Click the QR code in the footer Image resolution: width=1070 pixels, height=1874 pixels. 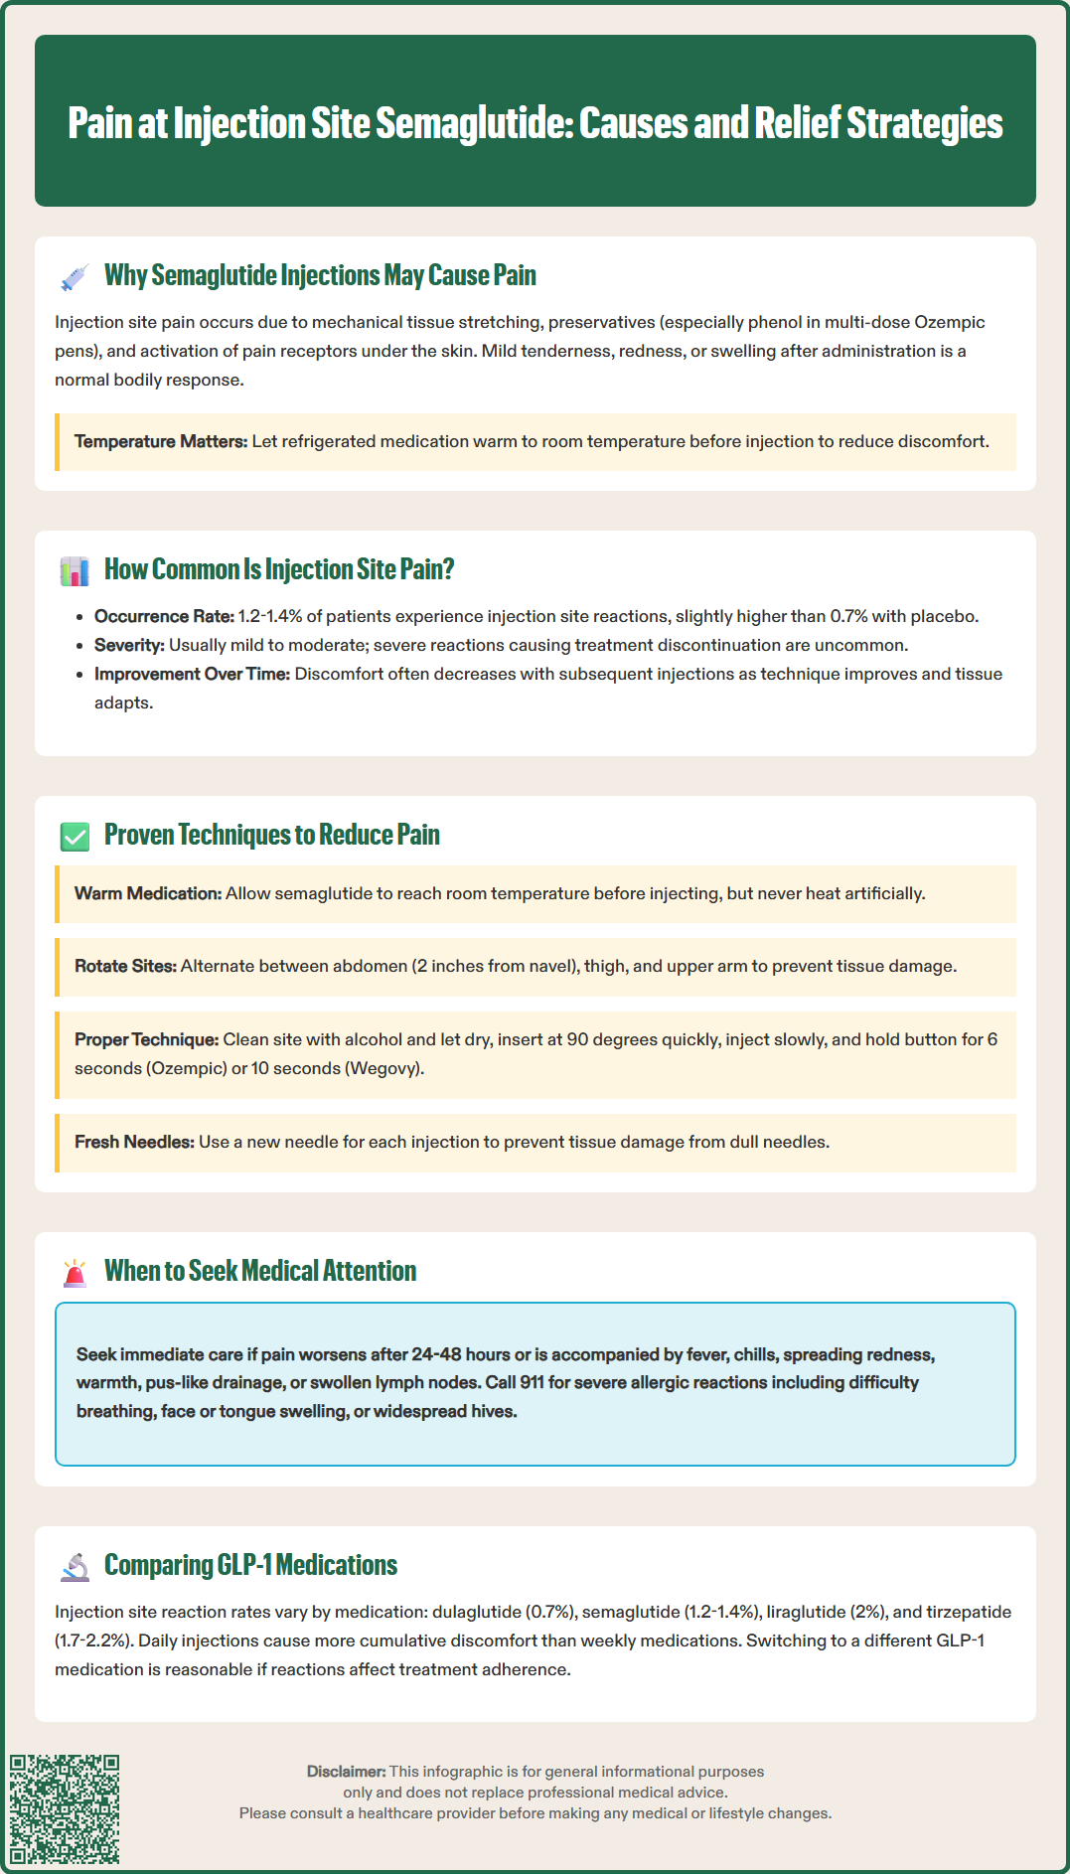pos(65,1808)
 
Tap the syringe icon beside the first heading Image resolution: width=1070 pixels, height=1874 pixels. pos(75,277)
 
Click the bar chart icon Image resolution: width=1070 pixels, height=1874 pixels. pos(75,571)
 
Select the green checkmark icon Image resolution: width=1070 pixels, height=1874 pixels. pos(75,837)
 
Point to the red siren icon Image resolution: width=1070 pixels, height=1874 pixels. pos(75,1273)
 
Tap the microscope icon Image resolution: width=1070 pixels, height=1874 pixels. pos(75,1567)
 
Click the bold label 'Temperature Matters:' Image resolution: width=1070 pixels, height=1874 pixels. pos(161,441)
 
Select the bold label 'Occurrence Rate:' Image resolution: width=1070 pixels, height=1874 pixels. pos(164,616)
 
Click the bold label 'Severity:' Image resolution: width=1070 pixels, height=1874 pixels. pos(129,645)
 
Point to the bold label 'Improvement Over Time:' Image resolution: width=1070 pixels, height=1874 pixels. pos(192,674)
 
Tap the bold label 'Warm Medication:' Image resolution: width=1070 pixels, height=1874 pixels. pos(148,893)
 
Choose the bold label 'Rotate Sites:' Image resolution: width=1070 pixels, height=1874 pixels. pos(125,966)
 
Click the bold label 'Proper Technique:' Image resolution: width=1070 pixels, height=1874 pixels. pos(146,1039)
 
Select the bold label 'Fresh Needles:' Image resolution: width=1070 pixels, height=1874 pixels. pos(134,1142)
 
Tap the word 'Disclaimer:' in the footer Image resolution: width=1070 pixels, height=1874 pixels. pos(346,1771)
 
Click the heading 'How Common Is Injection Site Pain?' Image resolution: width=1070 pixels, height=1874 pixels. pos(279,569)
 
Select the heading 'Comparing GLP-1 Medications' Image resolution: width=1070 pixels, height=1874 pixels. pos(250,1565)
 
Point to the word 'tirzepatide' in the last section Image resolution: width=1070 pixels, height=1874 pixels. pos(969,1612)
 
